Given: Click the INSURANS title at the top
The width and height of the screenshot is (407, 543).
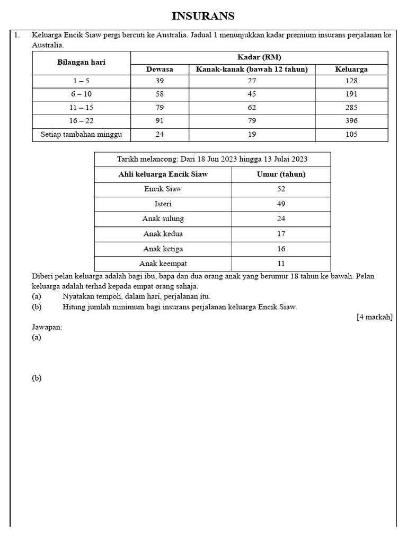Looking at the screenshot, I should (203, 16).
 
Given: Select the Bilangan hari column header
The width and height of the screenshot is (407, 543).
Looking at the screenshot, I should (81, 62).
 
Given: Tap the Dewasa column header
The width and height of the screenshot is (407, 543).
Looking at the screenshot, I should (160, 69).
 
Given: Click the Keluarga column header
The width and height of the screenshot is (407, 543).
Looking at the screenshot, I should (351, 69).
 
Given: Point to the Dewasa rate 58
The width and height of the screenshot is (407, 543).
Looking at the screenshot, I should (160, 94).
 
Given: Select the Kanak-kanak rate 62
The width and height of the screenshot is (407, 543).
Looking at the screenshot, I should (252, 108).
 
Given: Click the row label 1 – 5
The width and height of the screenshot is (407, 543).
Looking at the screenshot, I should (81, 81).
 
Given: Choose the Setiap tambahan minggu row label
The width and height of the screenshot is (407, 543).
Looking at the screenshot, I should (81, 135).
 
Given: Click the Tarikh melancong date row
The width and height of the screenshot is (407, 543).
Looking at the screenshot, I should (212, 159).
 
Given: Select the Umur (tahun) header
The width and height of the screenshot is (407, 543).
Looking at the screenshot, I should (281, 174).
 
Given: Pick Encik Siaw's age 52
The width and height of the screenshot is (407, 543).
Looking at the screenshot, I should (281, 189).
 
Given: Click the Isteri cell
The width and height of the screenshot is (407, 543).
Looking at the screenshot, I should (163, 204).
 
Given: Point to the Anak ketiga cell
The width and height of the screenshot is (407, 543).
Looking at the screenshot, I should (163, 249).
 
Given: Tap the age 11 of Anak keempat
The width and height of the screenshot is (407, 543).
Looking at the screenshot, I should (281, 264).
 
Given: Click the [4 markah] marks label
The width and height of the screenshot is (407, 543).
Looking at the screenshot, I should (374, 317).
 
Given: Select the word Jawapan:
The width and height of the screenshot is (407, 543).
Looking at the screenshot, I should (47, 327).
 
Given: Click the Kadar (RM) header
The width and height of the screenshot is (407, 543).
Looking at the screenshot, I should (259, 57).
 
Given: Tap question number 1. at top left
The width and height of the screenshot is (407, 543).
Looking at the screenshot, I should (17, 35).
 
